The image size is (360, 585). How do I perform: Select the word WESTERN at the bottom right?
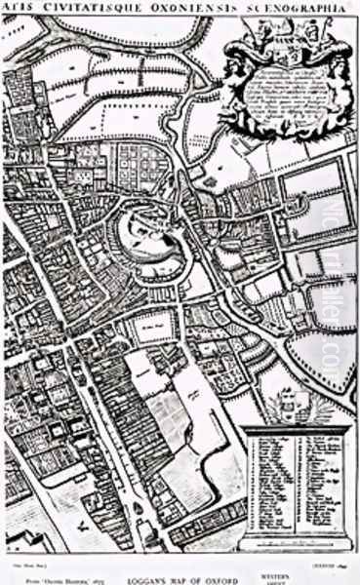(318, 563)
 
